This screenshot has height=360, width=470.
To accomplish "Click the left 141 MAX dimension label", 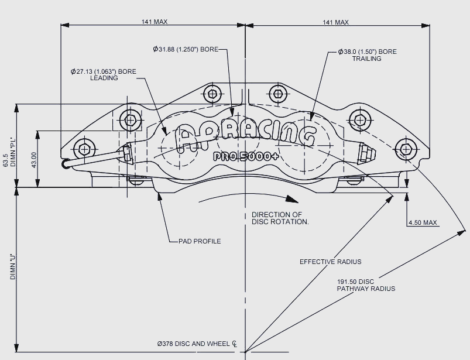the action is click(x=155, y=22).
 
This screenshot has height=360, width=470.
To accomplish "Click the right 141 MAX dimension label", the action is click(x=336, y=22).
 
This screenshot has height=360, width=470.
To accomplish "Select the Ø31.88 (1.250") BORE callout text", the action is click(x=186, y=49).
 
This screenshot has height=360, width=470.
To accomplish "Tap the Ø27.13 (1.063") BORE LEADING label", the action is click(x=104, y=75).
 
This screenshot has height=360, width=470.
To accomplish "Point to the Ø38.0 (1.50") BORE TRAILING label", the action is click(x=367, y=55).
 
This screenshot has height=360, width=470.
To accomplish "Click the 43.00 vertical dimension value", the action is click(x=33, y=160).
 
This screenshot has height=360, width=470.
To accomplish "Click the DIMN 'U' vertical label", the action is click(x=13, y=267).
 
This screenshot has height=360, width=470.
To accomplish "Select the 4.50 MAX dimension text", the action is click(x=423, y=222).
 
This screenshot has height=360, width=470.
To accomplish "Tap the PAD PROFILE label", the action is click(x=200, y=241).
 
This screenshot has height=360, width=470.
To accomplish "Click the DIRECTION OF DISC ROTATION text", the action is click(x=280, y=218).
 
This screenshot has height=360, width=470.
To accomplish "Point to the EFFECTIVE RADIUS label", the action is click(x=330, y=262).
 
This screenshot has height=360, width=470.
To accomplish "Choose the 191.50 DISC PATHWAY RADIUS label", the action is click(x=366, y=285).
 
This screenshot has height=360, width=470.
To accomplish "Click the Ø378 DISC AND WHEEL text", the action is click(x=193, y=344).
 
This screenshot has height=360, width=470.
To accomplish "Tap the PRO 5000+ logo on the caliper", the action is click(x=246, y=156).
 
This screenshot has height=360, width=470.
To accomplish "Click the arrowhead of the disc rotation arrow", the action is click(x=291, y=199).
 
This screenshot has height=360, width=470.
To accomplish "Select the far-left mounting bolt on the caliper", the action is click(x=85, y=149).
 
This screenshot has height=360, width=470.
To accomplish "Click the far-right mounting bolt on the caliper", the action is click(x=406, y=149).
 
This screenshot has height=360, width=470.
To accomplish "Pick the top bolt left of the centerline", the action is click(x=213, y=94).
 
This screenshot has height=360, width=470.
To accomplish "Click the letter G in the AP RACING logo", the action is click(x=307, y=136).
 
